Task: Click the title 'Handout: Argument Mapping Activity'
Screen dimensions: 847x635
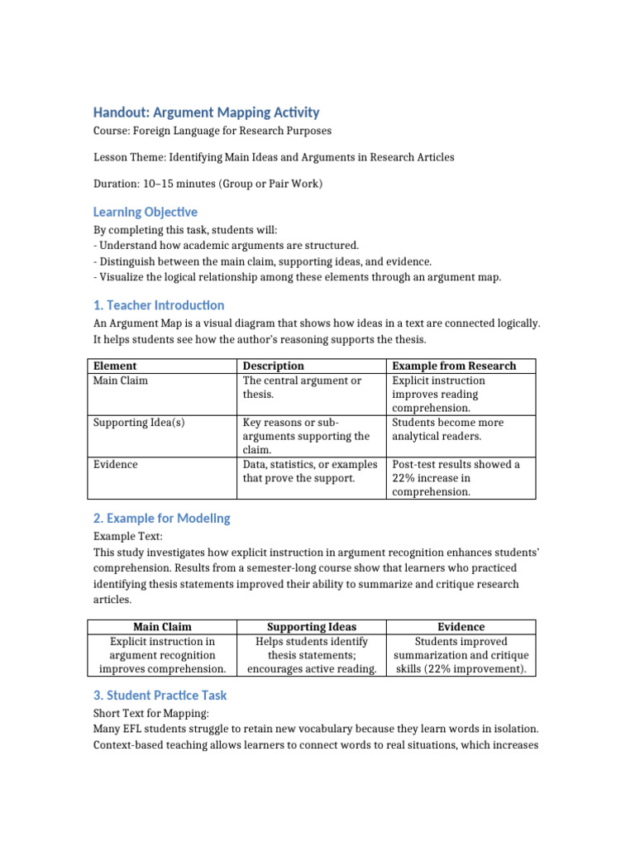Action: pyautogui.click(x=206, y=112)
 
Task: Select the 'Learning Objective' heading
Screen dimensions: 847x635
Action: pyautogui.click(x=145, y=212)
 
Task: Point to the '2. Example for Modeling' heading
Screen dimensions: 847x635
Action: pyautogui.click(x=161, y=519)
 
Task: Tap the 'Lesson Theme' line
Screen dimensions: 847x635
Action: pyautogui.click(x=273, y=157)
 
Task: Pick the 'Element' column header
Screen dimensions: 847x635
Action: pyautogui.click(x=115, y=366)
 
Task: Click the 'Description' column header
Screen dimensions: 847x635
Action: pyautogui.click(x=273, y=366)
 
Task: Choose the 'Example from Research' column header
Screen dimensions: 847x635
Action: pyautogui.click(x=454, y=366)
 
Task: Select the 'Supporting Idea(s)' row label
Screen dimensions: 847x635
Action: pyautogui.click(x=139, y=423)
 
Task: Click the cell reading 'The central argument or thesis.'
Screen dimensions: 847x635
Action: pyautogui.click(x=302, y=387)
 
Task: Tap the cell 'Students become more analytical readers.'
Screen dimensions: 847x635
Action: pyautogui.click(x=447, y=429)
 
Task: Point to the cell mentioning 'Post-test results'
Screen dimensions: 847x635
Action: pyautogui.click(x=456, y=478)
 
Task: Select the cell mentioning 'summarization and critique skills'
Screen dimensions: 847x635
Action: pyautogui.click(x=461, y=655)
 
